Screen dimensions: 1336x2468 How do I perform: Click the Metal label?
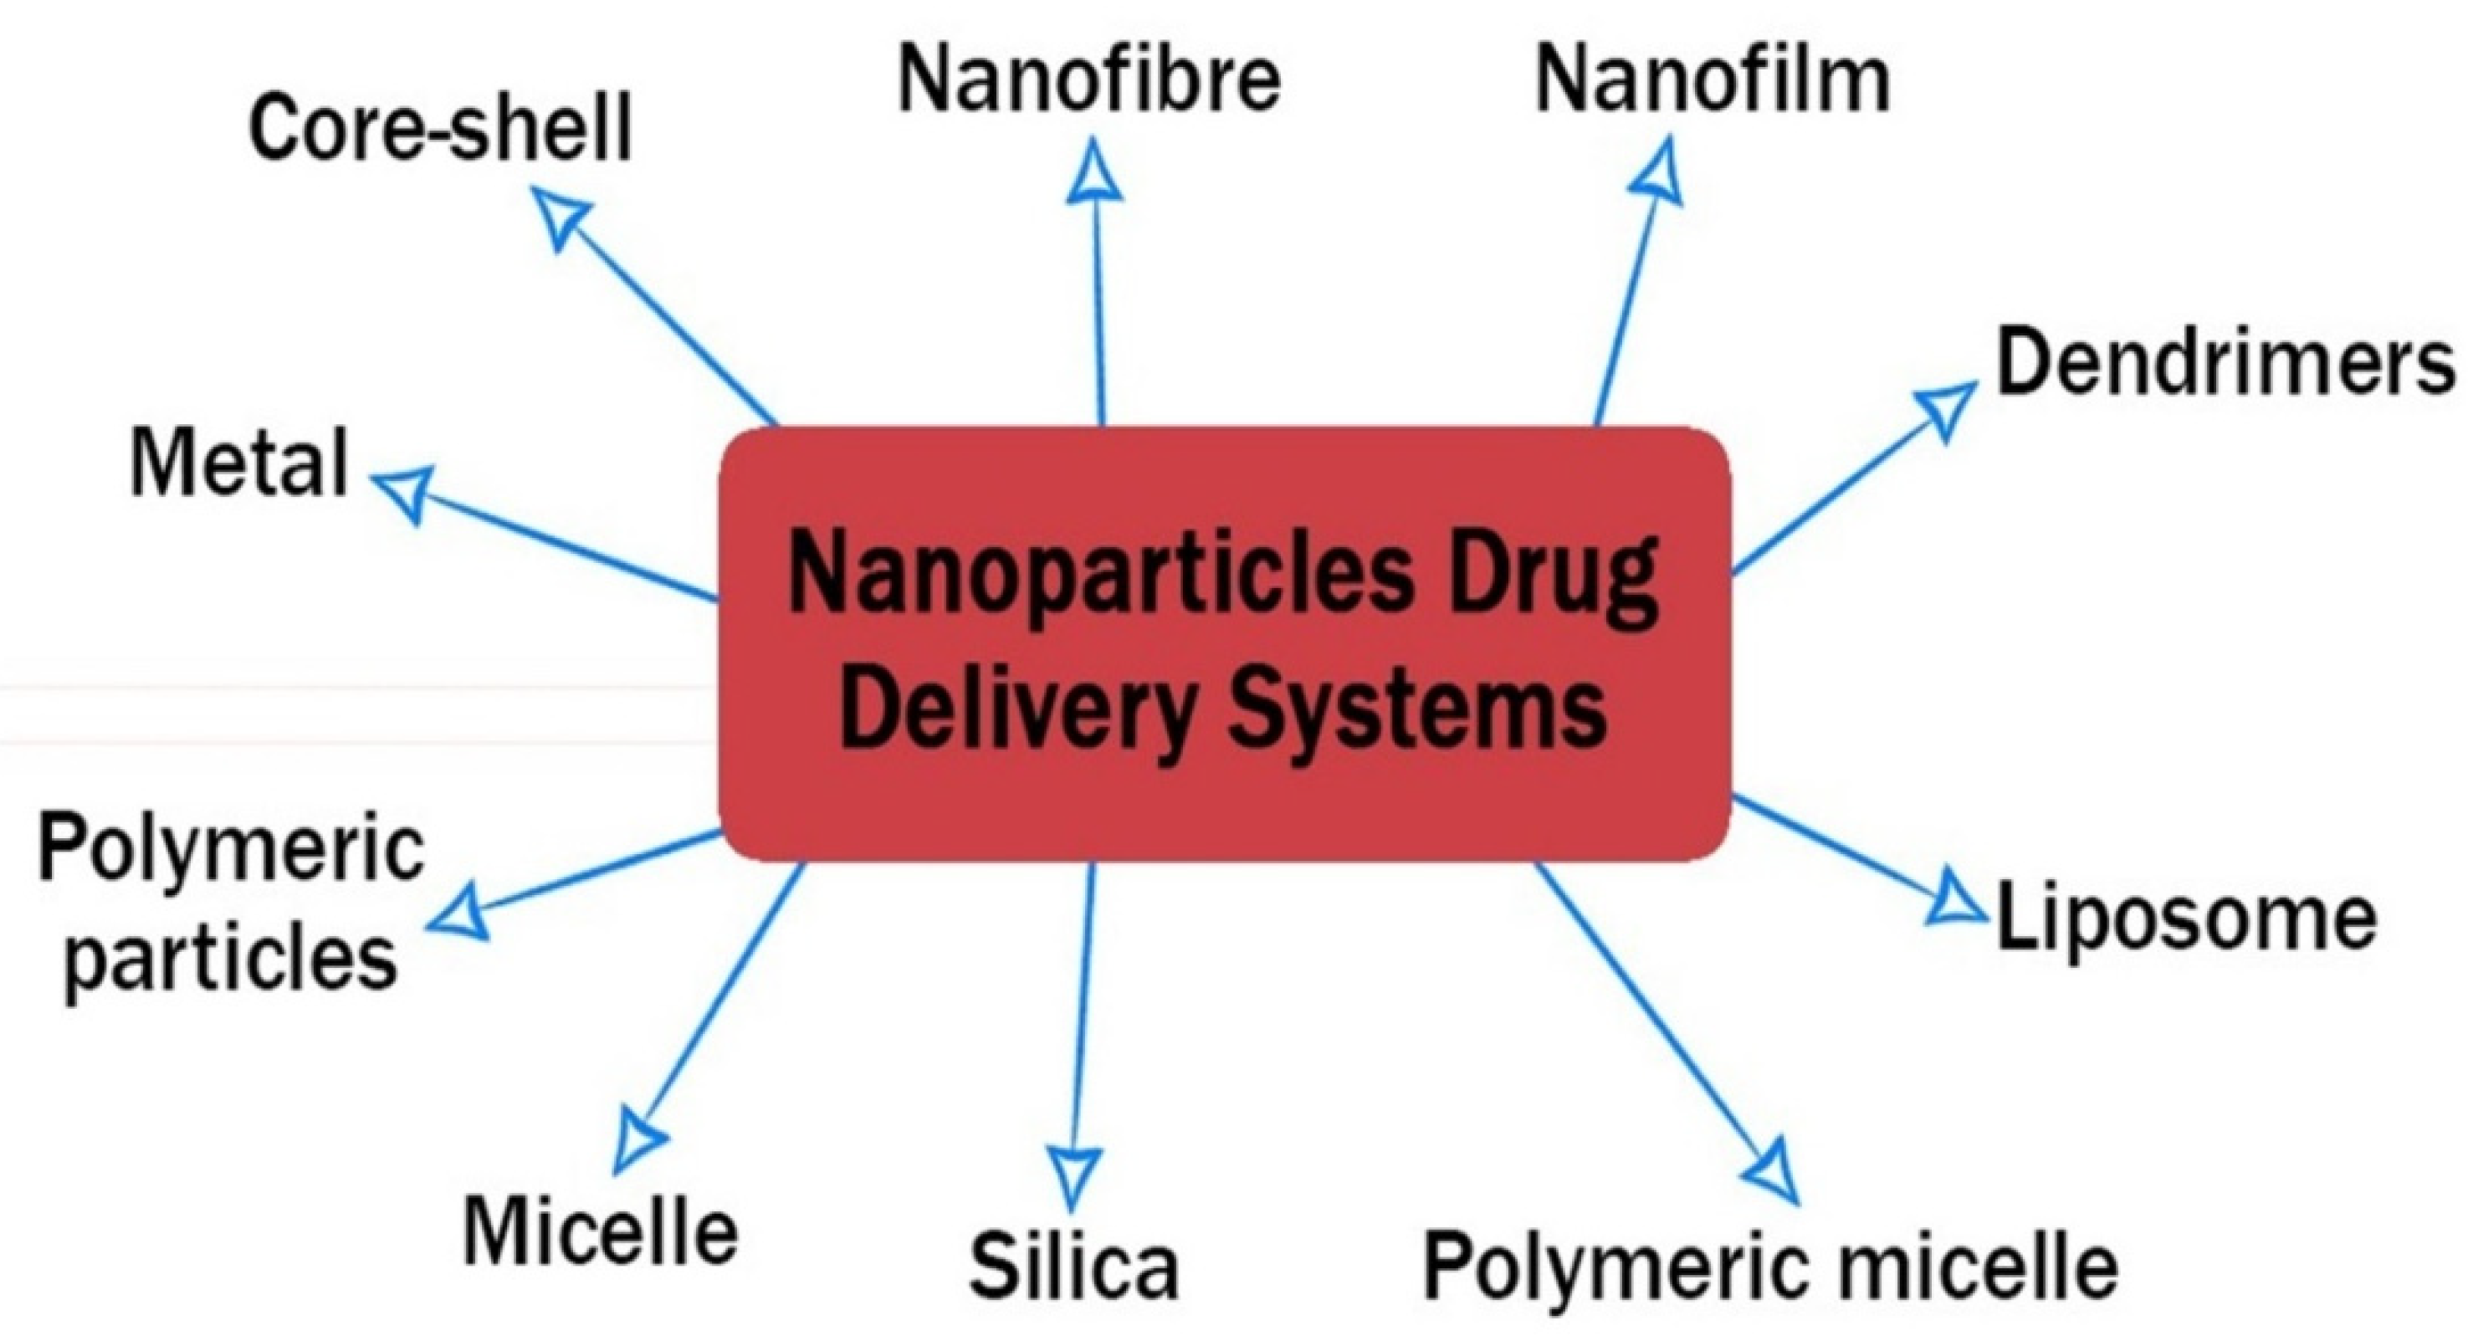[x=239, y=463]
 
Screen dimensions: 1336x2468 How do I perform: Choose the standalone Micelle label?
[x=601, y=1231]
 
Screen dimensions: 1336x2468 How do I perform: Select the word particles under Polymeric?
[x=231, y=958]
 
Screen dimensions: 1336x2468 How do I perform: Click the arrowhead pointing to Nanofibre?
[x=1093, y=172]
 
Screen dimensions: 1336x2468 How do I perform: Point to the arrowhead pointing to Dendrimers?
[x=1945, y=410]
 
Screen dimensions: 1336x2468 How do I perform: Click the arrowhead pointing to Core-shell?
[x=561, y=216]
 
